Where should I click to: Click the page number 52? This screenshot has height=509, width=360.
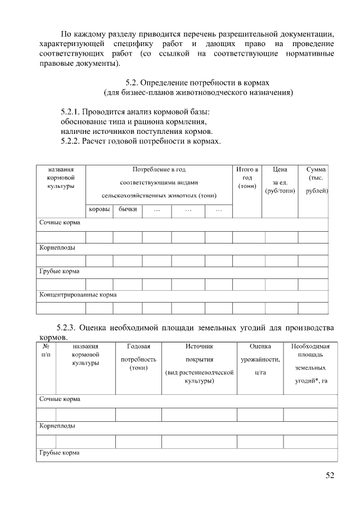pos(330,476)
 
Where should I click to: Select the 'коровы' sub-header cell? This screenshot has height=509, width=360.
pos(99,209)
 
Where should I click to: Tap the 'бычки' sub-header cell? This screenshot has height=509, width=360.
pos(128,209)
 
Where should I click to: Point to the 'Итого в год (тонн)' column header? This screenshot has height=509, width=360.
pos(247,177)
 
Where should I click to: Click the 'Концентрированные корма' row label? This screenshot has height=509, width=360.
pos(78,294)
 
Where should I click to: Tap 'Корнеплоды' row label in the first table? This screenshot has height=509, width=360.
pos(57,247)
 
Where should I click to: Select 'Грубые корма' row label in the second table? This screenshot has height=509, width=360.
pos(59,453)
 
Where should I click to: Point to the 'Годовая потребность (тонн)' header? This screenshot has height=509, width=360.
pos(138,357)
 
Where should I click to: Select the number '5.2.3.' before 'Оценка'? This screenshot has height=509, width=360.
pos(67,328)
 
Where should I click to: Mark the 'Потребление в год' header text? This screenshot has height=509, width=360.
pos(159,169)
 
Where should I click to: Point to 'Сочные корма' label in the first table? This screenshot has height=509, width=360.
pos(60,223)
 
